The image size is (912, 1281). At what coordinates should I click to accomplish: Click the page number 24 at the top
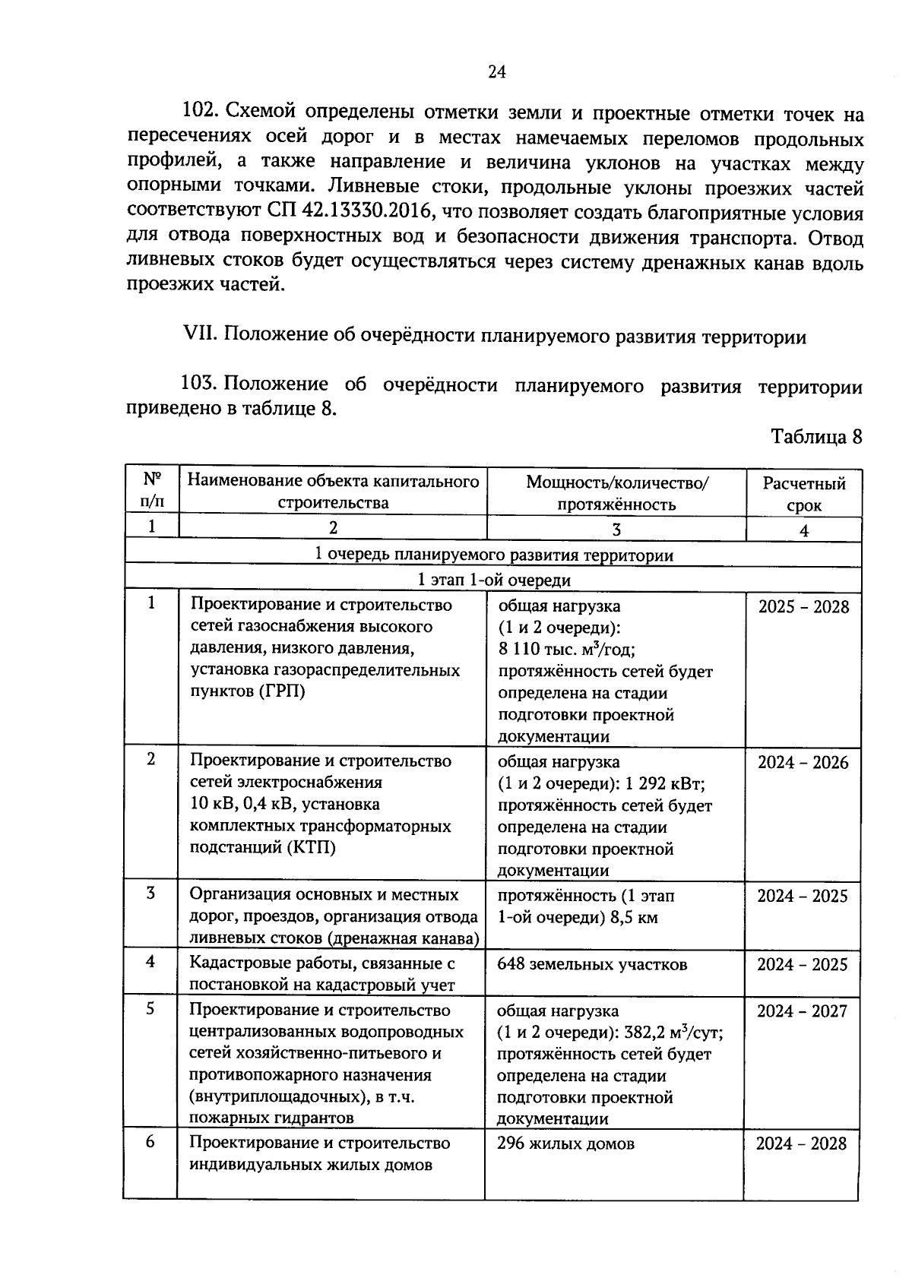pyautogui.click(x=496, y=72)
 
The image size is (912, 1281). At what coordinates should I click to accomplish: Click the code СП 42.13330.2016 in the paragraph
pyautogui.click(x=350, y=213)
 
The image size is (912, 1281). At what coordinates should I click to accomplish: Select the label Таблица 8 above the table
pyautogui.click(x=816, y=437)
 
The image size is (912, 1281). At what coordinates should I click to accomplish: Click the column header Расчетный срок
pyautogui.click(x=804, y=494)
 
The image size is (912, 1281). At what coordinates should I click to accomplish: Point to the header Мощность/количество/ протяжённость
pyautogui.click(x=616, y=493)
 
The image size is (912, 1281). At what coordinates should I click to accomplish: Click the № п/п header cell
pyautogui.click(x=152, y=490)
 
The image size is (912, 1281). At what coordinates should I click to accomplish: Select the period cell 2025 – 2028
pyautogui.click(x=803, y=606)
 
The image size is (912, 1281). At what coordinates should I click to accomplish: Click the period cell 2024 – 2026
pyautogui.click(x=803, y=762)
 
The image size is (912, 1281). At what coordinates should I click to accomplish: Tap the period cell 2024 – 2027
pyautogui.click(x=802, y=1011)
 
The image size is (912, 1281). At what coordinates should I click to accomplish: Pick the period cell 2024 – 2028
pyautogui.click(x=801, y=1143)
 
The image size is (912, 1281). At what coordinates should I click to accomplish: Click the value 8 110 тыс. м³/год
pyautogui.click(x=566, y=650)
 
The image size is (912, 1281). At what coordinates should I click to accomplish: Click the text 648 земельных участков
pyautogui.click(x=592, y=964)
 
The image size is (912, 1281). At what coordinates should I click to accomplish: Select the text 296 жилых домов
pyautogui.click(x=565, y=1143)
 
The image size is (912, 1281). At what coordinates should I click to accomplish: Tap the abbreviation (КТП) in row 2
pyautogui.click(x=312, y=847)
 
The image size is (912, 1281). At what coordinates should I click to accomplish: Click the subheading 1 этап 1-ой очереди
pyautogui.click(x=494, y=580)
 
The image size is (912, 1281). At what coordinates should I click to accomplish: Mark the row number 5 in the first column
pyautogui.click(x=150, y=1008)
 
